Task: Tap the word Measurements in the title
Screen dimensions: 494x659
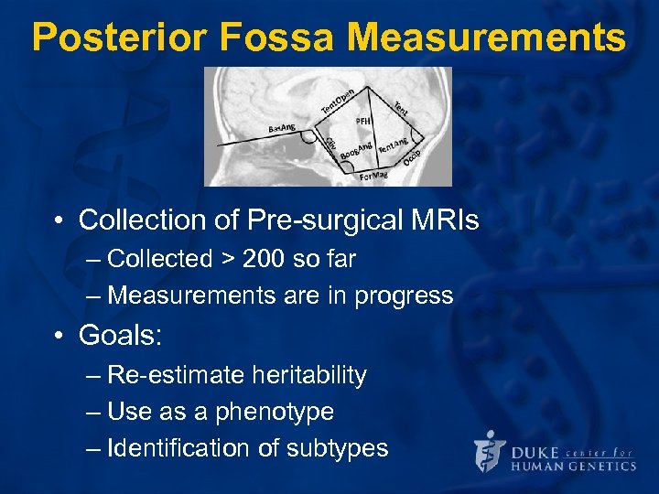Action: [488, 38]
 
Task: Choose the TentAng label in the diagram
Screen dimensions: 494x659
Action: [393, 144]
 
